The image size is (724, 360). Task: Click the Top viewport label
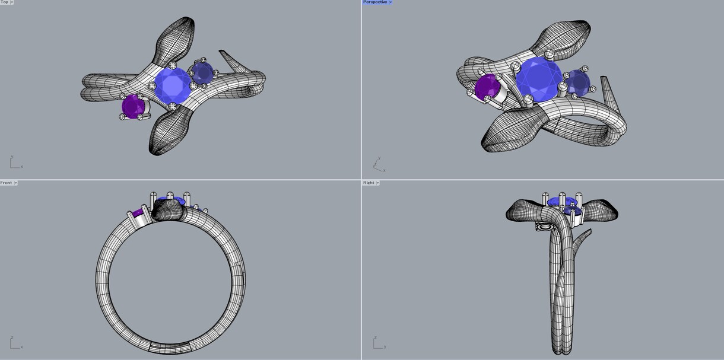coord(4,2)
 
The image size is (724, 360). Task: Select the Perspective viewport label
coord(375,2)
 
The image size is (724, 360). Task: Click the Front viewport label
coord(6,183)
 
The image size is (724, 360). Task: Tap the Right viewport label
coord(369,183)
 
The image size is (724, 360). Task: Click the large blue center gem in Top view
coord(173,85)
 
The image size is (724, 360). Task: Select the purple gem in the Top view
coord(133,107)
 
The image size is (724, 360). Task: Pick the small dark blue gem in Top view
coord(202,73)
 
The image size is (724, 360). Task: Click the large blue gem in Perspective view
coord(539,79)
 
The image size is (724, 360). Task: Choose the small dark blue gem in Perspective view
coord(579,82)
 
